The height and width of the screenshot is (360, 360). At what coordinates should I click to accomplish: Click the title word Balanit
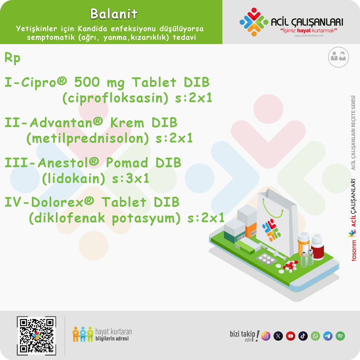click(x=114, y=14)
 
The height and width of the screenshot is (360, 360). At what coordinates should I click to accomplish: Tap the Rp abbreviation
click(x=12, y=58)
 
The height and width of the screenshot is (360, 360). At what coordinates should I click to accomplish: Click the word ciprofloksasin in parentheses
click(x=115, y=98)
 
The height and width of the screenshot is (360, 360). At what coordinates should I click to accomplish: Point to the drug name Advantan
click(x=61, y=123)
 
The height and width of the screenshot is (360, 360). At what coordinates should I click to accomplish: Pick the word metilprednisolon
click(x=88, y=139)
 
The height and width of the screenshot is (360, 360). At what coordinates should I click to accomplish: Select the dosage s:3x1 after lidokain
click(x=130, y=179)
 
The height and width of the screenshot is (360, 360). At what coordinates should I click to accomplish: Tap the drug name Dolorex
click(x=57, y=202)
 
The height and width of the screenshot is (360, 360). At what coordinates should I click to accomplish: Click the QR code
click(x=36, y=336)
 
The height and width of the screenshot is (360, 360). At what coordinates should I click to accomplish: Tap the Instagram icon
click(x=266, y=336)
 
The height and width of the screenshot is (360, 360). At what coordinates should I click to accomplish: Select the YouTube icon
click(x=291, y=336)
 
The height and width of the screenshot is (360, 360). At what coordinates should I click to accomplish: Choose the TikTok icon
click(x=303, y=336)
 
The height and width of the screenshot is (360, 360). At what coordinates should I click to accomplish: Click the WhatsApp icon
click(x=315, y=336)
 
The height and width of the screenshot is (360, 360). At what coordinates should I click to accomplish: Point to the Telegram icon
click(x=328, y=336)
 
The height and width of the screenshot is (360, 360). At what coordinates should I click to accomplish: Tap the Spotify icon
click(x=340, y=336)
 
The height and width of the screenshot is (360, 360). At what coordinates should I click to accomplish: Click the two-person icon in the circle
click(x=338, y=57)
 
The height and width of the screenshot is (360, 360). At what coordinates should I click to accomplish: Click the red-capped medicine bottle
click(x=317, y=246)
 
